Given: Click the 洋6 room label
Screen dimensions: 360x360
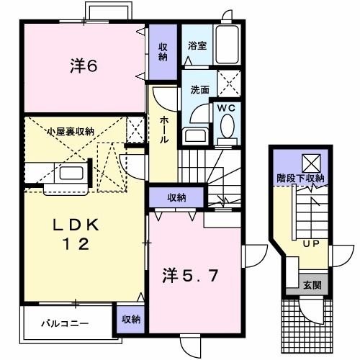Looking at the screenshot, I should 84,66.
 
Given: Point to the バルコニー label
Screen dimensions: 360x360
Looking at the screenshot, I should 64,324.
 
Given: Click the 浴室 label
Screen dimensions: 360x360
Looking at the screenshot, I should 197,45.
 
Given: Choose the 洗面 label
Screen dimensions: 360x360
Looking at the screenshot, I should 199,91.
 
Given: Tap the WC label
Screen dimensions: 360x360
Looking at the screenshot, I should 227,109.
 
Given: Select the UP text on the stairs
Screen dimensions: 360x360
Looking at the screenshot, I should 311,244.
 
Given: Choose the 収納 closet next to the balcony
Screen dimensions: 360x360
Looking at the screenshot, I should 130,318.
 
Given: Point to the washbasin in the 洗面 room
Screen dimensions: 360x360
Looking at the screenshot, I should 194,135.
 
